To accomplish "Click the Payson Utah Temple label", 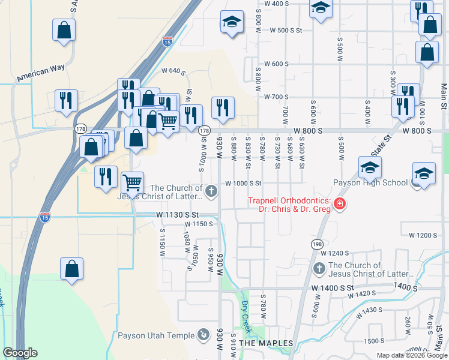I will tap(156, 335).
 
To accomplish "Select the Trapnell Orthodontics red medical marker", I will tap(340, 205).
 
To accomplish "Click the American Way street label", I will tap(41, 73).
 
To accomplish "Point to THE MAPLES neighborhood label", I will tap(266, 343).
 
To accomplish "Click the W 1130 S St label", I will tap(176, 214).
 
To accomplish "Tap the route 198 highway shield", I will tap(317, 244).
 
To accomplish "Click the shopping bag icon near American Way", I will tap(64, 30).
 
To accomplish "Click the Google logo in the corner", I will tap(20, 353).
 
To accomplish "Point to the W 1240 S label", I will tap(334, 253).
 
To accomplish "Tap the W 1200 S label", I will tap(423, 235).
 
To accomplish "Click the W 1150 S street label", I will tap(199, 224).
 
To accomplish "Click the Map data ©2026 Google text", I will tap(411, 355).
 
